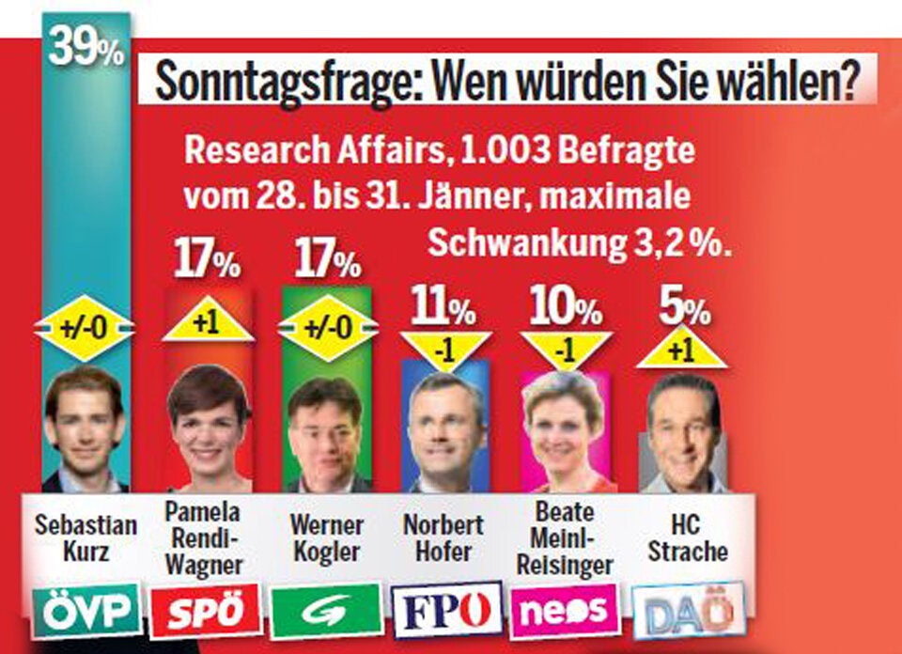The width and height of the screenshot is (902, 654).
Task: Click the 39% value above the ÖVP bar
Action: click(x=86, y=49)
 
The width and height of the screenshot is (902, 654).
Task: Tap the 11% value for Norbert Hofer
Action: click(x=442, y=306)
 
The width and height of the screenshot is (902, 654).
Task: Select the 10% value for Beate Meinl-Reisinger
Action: click(x=564, y=306)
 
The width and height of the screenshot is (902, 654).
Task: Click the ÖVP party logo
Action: click(x=86, y=612)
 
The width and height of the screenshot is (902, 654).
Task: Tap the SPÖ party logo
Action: click(x=206, y=612)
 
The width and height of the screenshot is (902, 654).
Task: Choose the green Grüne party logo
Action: click(x=328, y=612)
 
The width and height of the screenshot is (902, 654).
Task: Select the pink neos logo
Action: click(x=564, y=612)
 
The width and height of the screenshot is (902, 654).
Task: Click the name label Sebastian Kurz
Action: click(x=86, y=537)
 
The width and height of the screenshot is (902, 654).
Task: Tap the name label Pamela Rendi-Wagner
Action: click(x=207, y=538)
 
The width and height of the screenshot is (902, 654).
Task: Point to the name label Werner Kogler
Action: click(x=327, y=537)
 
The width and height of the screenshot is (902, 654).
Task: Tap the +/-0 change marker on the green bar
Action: click(x=328, y=328)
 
